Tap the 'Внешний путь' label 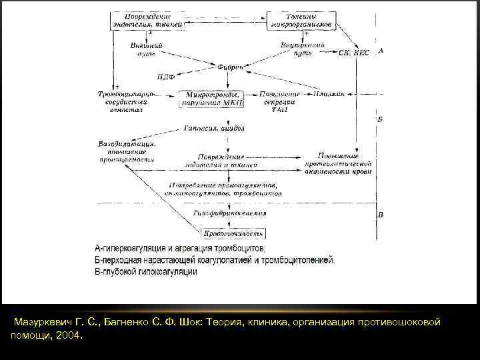(147, 49)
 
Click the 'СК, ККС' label (354, 52)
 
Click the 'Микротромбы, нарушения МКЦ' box (213, 98)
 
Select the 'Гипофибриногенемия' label (230, 213)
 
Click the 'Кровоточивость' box (233, 233)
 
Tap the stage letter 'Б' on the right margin (379, 119)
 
